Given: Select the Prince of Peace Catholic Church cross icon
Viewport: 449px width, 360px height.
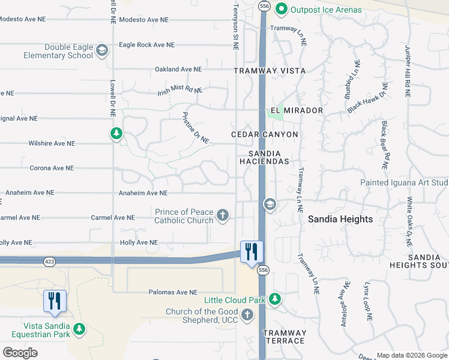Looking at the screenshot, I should pyautogui.click(x=223, y=215).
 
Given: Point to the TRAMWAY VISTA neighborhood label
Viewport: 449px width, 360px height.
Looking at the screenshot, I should pyautogui.click(x=270, y=71).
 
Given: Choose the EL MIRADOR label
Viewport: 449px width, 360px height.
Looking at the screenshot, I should pyautogui.click(x=297, y=111).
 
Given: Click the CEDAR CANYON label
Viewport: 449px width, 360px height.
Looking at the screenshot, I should pyautogui.click(x=265, y=134).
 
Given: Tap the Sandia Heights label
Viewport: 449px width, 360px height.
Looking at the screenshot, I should pyautogui.click(x=340, y=220).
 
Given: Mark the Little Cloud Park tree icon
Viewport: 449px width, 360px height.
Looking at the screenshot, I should pyautogui.click(x=275, y=299).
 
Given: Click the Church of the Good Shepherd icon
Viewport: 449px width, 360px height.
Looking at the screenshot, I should pyautogui.click(x=247, y=315).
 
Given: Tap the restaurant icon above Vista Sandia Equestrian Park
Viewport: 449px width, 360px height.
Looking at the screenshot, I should pyautogui.click(x=55, y=301).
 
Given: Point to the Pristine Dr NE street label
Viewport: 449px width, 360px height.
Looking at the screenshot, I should pyautogui.click(x=194, y=128).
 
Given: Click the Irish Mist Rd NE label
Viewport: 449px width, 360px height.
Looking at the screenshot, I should pyautogui.click(x=180, y=91).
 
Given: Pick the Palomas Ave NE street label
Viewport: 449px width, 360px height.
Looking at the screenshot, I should pyautogui.click(x=173, y=292).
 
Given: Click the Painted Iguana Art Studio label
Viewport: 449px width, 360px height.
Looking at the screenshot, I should pyautogui.click(x=404, y=182).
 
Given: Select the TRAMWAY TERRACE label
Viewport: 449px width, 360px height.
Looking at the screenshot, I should pyautogui.click(x=285, y=337).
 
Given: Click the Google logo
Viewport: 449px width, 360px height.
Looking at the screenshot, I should pyautogui.click(x=20, y=353).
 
